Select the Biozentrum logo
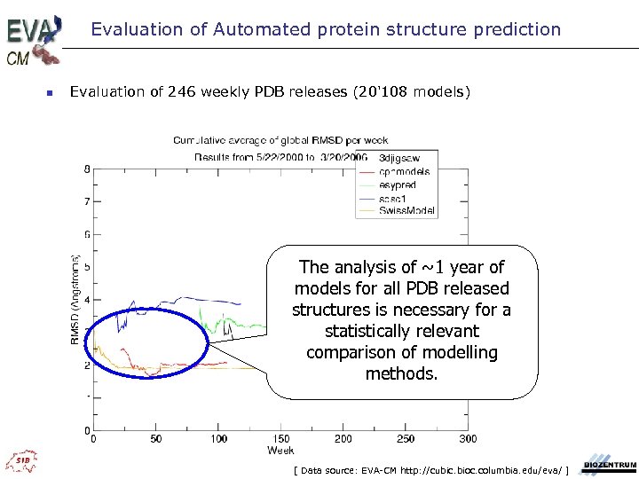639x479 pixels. tap(609, 466)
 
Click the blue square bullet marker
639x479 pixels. tap(50, 92)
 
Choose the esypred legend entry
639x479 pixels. tap(398, 185)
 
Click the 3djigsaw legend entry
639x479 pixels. tap(400, 159)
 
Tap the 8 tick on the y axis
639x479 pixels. tap(86, 169)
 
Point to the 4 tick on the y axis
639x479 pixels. tap(86, 300)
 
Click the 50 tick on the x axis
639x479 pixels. tap(156, 438)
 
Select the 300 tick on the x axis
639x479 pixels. tap(468, 438)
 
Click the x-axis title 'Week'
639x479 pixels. tap(280, 450)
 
